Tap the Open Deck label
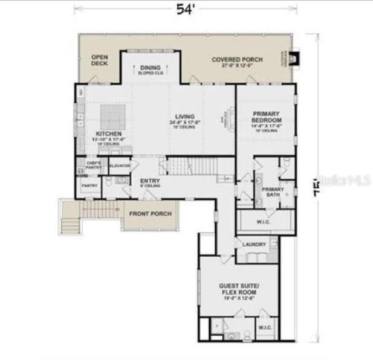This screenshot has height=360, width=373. click(x=99, y=60)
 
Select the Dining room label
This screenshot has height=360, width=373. click(x=151, y=68)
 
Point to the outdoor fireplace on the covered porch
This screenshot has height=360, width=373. click(x=294, y=59)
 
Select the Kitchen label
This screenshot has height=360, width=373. click(x=109, y=133)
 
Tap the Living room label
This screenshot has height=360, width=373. click(x=185, y=117)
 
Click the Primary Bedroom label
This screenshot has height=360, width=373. click(x=266, y=116)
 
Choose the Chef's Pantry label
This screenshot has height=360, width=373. click(x=93, y=165)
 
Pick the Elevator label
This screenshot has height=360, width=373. click(x=120, y=166)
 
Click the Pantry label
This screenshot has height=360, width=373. click(x=89, y=186)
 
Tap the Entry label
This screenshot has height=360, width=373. click(x=150, y=181)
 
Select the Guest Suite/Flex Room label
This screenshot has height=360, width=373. click(x=239, y=288)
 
